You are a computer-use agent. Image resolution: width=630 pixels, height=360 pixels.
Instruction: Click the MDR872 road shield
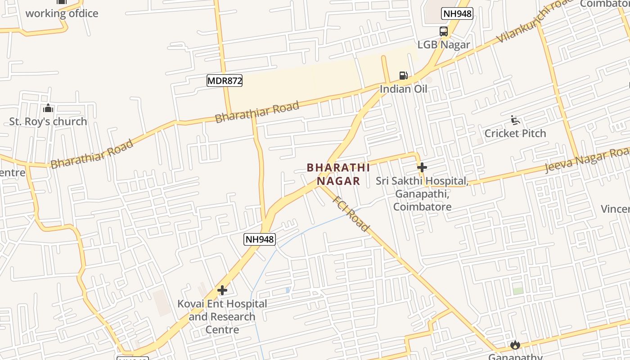pos(225,81)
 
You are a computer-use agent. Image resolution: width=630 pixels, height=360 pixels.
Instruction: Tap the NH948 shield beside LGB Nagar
pos(457,13)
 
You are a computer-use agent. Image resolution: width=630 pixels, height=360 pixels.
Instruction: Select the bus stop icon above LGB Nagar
pos(444,31)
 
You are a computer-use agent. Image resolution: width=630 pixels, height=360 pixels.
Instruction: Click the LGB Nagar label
pos(444,45)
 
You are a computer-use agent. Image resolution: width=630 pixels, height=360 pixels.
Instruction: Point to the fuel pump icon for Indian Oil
pos(404,76)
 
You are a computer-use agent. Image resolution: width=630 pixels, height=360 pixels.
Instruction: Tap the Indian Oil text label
pos(404,89)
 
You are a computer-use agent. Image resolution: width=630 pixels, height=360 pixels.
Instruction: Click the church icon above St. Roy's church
pos(48,108)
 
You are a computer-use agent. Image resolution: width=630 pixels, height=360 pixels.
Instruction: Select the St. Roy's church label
pos(48,121)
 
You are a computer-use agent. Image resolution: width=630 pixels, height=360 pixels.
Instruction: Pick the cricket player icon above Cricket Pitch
pos(515,120)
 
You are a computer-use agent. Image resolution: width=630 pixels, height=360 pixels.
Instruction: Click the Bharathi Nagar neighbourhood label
pos(338,174)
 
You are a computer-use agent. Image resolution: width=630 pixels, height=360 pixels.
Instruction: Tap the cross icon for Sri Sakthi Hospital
pos(422,167)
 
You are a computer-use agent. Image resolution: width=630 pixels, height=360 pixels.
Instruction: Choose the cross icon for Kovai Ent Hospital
pos(222,290)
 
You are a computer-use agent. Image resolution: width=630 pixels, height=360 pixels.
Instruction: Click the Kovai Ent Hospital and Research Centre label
pos(222,317)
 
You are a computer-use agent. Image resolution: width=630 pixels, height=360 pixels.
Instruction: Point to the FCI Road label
pos(351,214)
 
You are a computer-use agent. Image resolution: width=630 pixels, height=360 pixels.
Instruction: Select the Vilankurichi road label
pos(535,21)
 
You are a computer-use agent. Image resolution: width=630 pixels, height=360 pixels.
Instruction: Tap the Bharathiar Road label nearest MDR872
pos(257,112)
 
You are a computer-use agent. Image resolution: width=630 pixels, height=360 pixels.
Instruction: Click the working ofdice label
pos(62,13)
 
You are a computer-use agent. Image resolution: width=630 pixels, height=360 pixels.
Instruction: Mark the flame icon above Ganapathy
pos(515,345)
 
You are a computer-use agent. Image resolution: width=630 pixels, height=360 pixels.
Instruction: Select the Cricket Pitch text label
pos(515,133)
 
